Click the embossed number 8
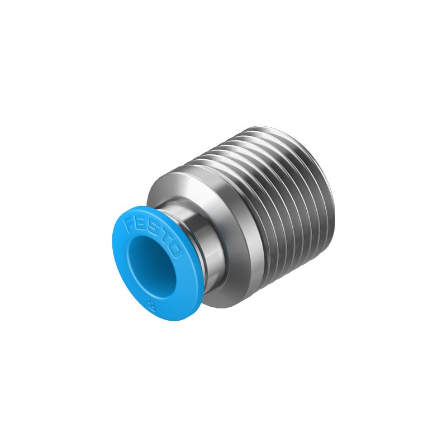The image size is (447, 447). click(153, 307)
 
